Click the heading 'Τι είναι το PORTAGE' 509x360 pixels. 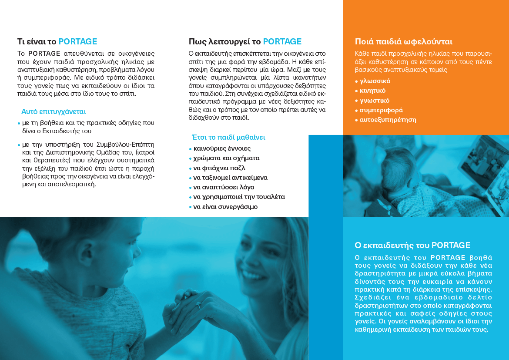click(x=57, y=42)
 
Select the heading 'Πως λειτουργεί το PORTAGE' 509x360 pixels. click(x=245, y=42)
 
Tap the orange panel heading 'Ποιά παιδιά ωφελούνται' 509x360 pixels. click(x=404, y=42)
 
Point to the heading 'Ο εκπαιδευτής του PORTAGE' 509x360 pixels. click(x=412, y=245)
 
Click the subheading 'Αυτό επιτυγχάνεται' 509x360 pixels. click(x=54, y=111)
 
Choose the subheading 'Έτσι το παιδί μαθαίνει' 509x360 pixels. click(x=228, y=137)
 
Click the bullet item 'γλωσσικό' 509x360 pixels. click(x=375, y=81)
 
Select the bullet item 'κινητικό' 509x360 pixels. click(x=372, y=91)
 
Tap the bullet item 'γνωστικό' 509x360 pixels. click(x=374, y=101)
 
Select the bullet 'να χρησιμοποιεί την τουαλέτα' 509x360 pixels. click(x=239, y=197)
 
